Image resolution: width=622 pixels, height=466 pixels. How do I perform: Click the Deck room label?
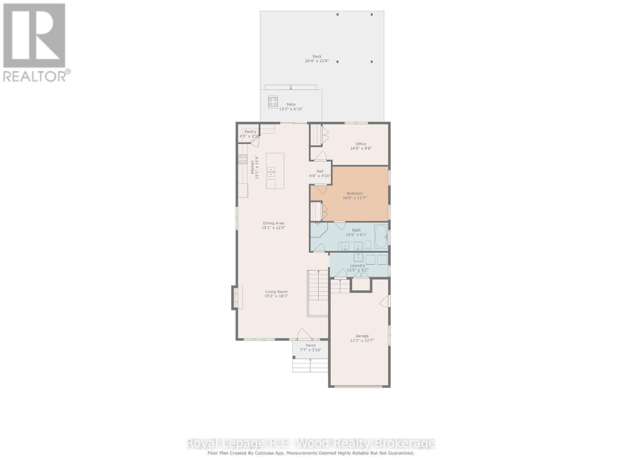click(x=317, y=57)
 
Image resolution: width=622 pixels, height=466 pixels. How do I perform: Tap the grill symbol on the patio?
click(x=273, y=102)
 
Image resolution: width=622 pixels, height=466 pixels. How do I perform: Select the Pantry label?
click(x=250, y=132)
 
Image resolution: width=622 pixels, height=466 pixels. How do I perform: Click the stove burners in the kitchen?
click(x=243, y=159)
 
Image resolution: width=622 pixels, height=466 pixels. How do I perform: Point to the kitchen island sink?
click(x=271, y=172)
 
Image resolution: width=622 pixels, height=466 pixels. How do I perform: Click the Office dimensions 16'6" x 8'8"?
click(x=361, y=148)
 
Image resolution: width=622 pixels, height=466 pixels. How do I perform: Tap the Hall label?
click(x=320, y=171)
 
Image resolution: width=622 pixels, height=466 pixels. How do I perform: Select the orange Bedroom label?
click(x=355, y=193)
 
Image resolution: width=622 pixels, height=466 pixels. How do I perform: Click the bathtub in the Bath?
click(x=381, y=236)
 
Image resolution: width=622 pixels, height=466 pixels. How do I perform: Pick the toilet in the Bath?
click(x=368, y=245)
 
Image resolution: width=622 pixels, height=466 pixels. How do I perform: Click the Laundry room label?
click(x=358, y=266)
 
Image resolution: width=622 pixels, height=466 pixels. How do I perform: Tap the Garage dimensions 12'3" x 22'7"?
click(x=362, y=341)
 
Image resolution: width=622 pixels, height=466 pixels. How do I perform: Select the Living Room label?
click(x=276, y=292)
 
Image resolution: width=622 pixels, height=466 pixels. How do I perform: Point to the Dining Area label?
click(x=273, y=223)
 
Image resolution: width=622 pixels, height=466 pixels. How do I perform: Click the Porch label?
click(x=311, y=346)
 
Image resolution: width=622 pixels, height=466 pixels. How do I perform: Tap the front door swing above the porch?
click(x=304, y=334)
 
